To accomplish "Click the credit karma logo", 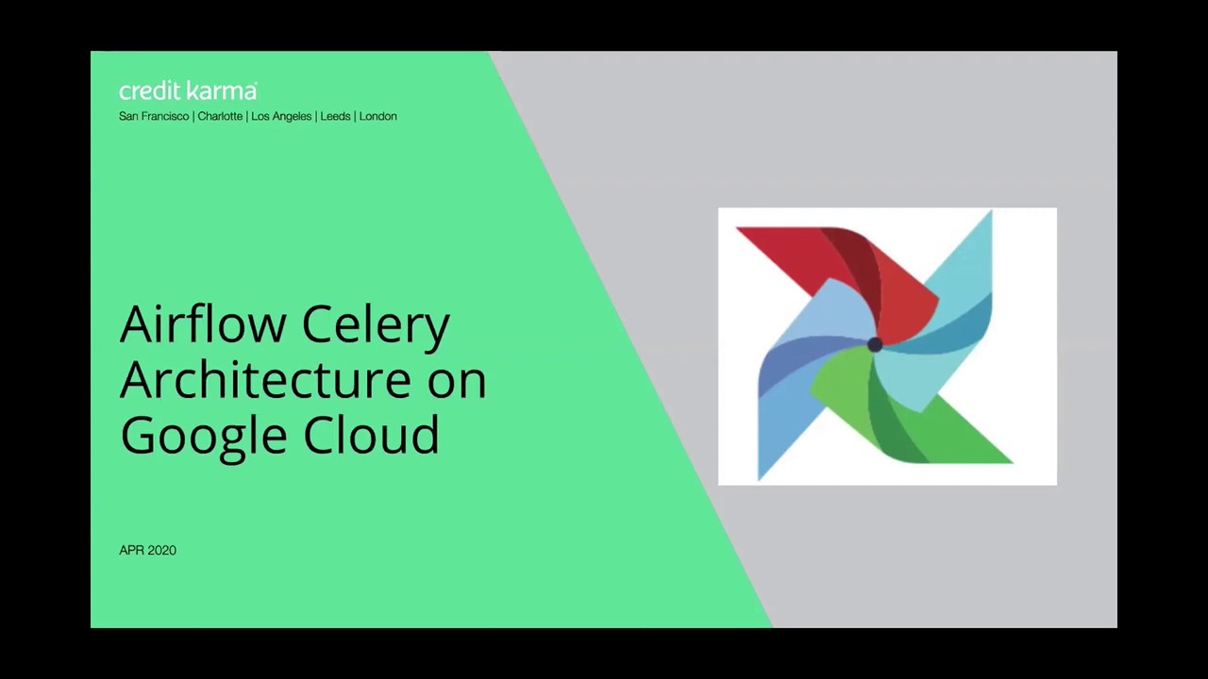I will (x=188, y=91).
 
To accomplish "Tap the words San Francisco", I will (x=154, y=116).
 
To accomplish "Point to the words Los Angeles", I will (x=281, y=116).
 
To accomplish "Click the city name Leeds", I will (x=335, y=116).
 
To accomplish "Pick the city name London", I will (x=377, y=116).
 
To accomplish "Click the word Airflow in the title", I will (x=203, y=324).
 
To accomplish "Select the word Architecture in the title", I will (x=265, y=379).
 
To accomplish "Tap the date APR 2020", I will (x=147, y=550).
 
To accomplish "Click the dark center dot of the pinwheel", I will (x=874, y=345).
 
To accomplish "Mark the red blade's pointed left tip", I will (x=740, y=229).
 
